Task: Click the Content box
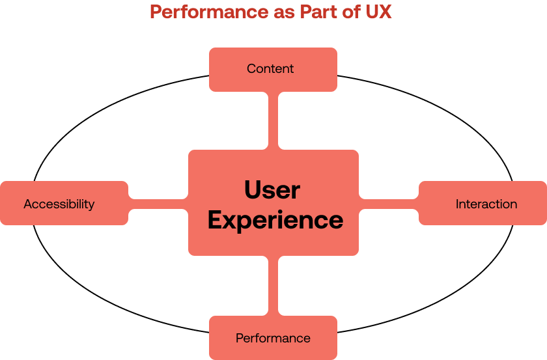click(x=273, y=69)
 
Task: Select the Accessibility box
click(x=64, y=203)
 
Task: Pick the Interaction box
click(x=483, y=203)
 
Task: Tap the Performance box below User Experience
click(x=273, y=338)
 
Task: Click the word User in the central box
click(x=272, y=190)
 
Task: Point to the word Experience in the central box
click(x=275, y=220)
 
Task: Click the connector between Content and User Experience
click(x=273, y=120)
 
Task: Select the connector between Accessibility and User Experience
click(x=158, y=203)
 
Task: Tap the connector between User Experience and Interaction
click(x=389, y=203)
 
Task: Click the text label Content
click(x=270, y=69)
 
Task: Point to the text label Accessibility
click(x=59, y=204)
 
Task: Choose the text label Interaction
click(x=486, y=204)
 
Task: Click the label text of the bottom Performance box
click(x=273, y=339)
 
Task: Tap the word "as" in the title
click(x=279, y=12)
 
